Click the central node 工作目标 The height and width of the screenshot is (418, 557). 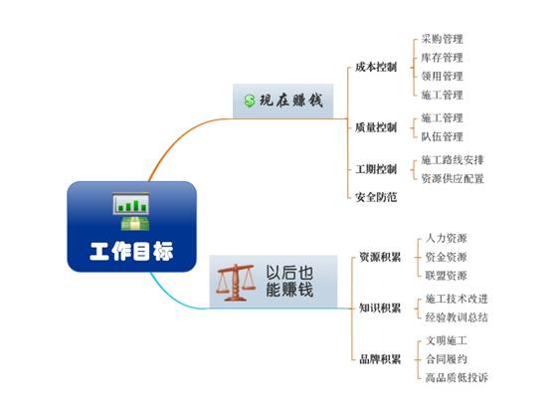click(x=131, y=227)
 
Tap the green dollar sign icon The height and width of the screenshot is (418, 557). click(x=250, y=101)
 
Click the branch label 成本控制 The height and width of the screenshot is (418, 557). click(x=376, y=67)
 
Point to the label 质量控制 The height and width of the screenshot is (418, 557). click(x=376, y=127)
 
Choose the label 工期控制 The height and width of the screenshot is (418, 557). click(x=376, y=169)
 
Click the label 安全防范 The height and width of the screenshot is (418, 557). click(x=376, y=197)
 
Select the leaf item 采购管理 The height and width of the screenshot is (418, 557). click(x=442, y=39)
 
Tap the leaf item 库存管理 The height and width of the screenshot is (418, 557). click(x=442, y=58)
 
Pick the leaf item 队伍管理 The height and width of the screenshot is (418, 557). click(x=442, y=136)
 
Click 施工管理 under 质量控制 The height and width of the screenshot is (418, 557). click(x=442, y=118)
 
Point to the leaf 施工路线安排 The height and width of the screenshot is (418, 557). click(x=453, y=160)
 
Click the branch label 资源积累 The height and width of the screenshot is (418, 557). click(x=380, y=257)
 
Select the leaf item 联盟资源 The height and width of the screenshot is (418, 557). click(x=447, y=276)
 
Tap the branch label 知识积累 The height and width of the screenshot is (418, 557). click(x=380, y=309)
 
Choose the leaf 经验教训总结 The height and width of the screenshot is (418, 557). click(x=457, y=317)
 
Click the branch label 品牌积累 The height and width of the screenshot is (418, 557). click(x=380, y=359)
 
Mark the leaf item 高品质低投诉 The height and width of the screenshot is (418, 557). click(x=457, y=377)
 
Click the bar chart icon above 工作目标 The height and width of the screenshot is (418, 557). click(x=130, y=204)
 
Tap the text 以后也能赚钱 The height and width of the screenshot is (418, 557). click(x=289, y=281)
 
